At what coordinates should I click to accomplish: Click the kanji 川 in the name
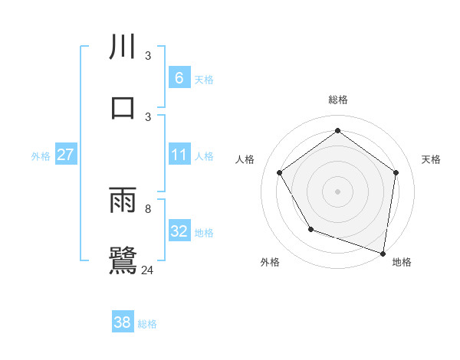123,46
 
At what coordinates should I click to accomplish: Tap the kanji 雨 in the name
123,201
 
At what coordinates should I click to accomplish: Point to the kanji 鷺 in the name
123,260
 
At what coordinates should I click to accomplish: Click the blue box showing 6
179,78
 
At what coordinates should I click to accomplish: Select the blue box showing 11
179,155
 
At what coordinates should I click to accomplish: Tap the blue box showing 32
179,231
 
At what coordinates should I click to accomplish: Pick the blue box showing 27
65,155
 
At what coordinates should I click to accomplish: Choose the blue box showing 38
122,322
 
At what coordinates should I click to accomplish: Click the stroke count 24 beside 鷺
148,270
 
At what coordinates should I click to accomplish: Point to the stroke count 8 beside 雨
148,208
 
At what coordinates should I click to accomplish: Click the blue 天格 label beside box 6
204,79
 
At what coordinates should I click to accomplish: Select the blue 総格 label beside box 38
147,324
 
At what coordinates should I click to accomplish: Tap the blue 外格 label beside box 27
41,155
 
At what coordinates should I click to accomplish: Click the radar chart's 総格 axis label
337,100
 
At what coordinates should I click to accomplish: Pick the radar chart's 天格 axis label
431,159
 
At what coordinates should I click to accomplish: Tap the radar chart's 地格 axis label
402,262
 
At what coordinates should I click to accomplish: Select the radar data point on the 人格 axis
280,172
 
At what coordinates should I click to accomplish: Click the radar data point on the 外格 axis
310,229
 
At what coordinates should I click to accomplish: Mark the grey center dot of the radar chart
337,191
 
